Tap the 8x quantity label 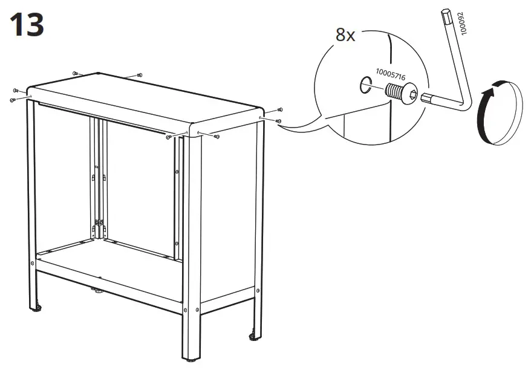(345, 36)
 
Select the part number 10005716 (390, 74)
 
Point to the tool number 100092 (464, 25)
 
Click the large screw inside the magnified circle (400, 93)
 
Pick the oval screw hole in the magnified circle (365, 85)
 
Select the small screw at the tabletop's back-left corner (75, 73)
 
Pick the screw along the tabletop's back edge (140, 75)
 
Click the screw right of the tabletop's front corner (217, 137)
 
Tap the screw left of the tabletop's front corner (168, 137)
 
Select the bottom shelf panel (109, 260)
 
